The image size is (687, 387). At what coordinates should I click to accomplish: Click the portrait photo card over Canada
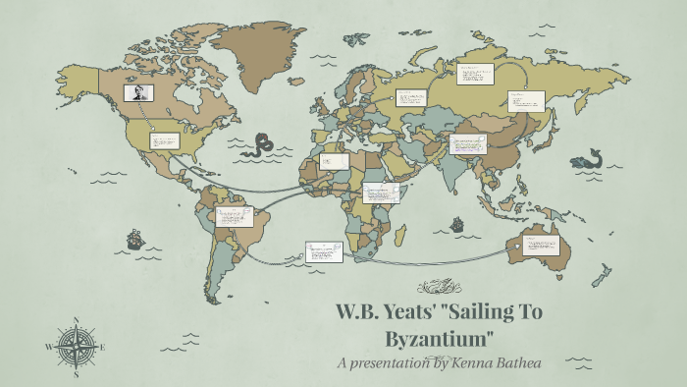[x=138, y=92]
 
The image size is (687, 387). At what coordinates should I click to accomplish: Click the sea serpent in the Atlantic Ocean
[x=261, y=146]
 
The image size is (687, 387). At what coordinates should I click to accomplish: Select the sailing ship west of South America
[x=134, y=239]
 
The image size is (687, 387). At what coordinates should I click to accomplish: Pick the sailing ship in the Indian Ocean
[x=456, y=225]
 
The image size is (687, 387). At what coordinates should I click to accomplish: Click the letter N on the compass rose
[x=77, y=320]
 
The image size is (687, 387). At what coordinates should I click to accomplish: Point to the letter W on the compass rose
[x=49, y=347]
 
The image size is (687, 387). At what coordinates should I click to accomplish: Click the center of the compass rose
[x=77, y=347]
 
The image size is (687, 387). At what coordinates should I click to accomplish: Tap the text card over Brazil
[x=235, y=215]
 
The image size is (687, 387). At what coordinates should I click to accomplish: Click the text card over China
[x=468, y=144]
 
